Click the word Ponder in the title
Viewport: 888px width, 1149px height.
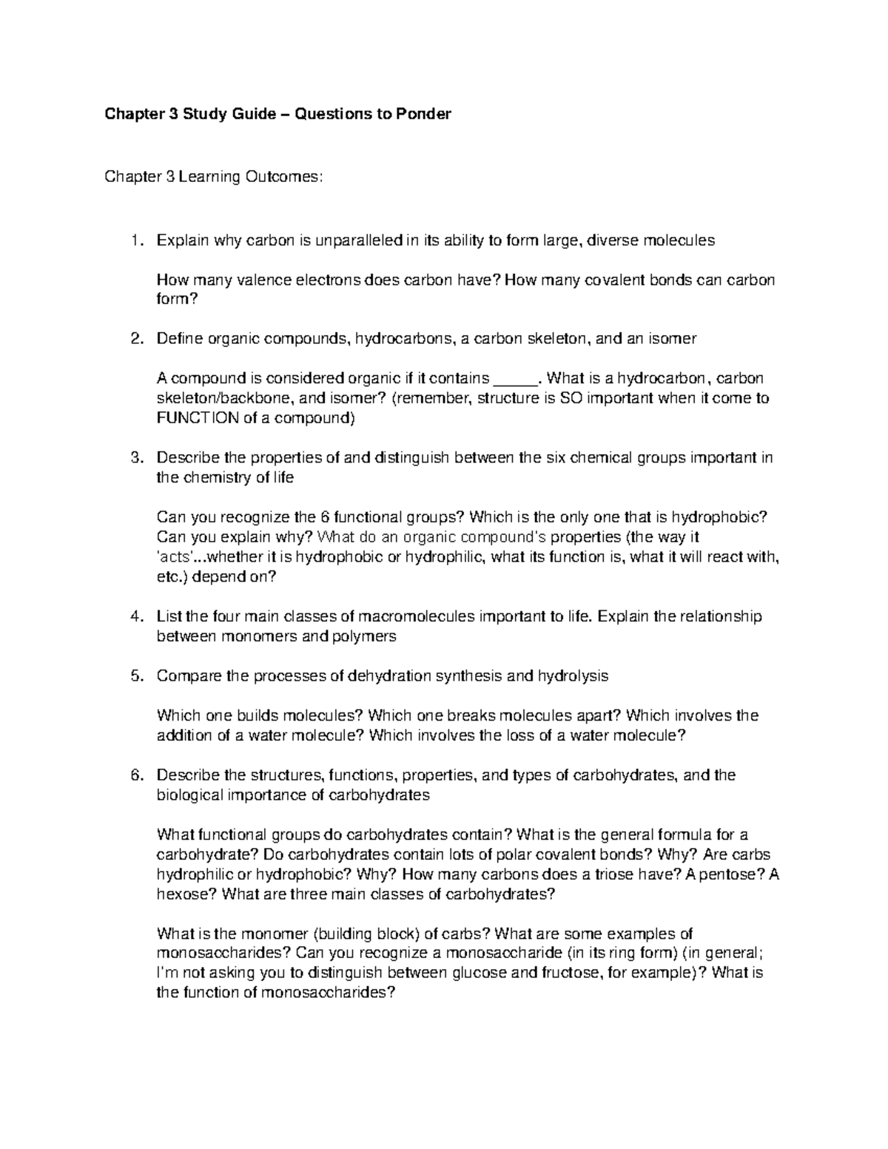(x=422, y=115)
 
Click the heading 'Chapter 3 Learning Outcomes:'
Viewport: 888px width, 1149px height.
(x=214, y=177)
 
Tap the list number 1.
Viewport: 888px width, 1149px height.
(x=134, y=240)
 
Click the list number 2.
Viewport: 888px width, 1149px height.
(x=134, y=339)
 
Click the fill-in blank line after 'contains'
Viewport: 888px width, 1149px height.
(x=517, y=379)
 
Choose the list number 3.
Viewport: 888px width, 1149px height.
(x=134, y=458)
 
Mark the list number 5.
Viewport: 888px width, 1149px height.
(x=134, y=676)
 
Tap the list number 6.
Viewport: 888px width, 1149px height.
(x=134, y=775)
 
